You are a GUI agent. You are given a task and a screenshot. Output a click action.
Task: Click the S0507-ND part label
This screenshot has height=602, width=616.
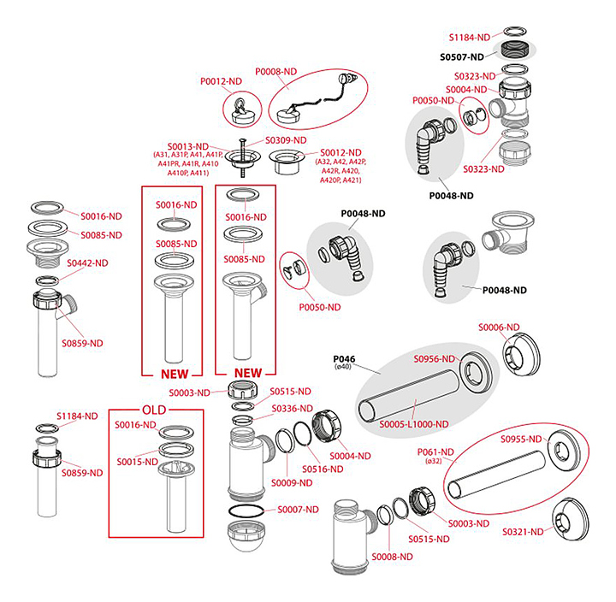tap(467, 56)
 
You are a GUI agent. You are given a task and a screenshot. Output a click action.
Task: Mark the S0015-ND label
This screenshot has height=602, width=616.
tap(137, 463)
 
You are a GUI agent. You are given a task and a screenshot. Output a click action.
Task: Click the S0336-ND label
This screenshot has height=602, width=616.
tap(291, 409)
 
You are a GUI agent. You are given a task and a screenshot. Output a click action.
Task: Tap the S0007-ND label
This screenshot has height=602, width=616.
tap(297, 509)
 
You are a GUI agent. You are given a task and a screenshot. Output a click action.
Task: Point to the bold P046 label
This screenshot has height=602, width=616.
tap(344, 359)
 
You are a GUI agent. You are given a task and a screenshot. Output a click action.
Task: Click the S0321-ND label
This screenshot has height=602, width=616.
tap(523, 532)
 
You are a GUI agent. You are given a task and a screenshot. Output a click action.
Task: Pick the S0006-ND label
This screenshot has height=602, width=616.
tap(499, 328)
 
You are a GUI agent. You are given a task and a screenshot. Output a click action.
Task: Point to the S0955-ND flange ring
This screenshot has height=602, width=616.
tap(562, 449)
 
